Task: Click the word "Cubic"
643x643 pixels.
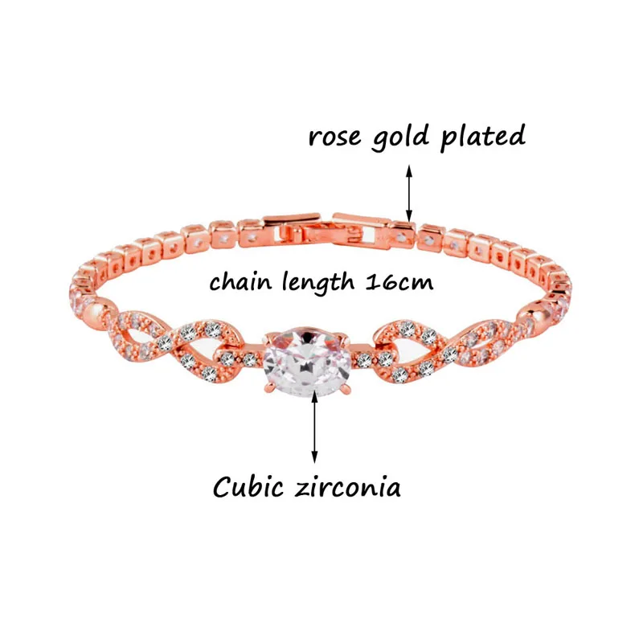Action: pyautogui.click(x=246, y=487)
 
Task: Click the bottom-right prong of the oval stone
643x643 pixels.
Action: pyautogui.click(x=345, y=395)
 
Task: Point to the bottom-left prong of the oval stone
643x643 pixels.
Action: pyautogui.click(x=264, y=395)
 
